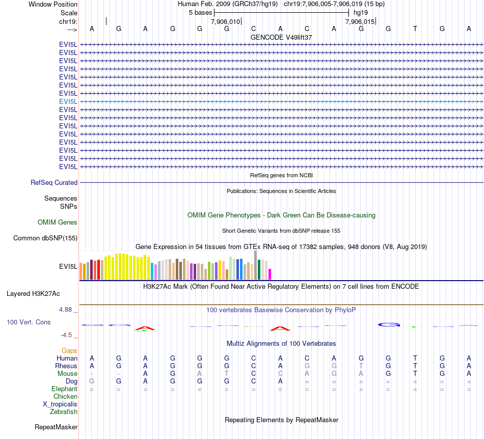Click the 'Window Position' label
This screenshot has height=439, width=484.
(53, 4)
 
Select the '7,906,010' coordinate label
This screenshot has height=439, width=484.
(225, 22)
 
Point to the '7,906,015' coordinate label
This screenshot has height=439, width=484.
(360, 22)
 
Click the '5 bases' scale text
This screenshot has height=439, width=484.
(200, 12)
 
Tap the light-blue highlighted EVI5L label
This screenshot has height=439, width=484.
(68, 101)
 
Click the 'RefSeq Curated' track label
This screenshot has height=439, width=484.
(54, 182)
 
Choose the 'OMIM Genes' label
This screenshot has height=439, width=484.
(58, 222)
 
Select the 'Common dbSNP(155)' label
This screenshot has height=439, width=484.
(45, 238)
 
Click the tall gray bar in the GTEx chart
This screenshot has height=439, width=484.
(256, 264)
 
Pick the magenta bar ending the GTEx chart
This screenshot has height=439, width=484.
(270, 274)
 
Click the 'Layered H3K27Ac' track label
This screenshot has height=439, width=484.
(33, 293)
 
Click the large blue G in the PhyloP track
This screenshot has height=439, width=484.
(388, 324)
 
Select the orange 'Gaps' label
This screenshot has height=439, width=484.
(69, 350)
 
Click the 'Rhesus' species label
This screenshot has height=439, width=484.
(66, 366)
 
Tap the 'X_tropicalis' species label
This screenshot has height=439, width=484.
(60, 404)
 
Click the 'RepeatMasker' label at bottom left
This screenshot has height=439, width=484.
(56, 427)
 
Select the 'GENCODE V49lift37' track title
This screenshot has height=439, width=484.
(281, 37)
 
